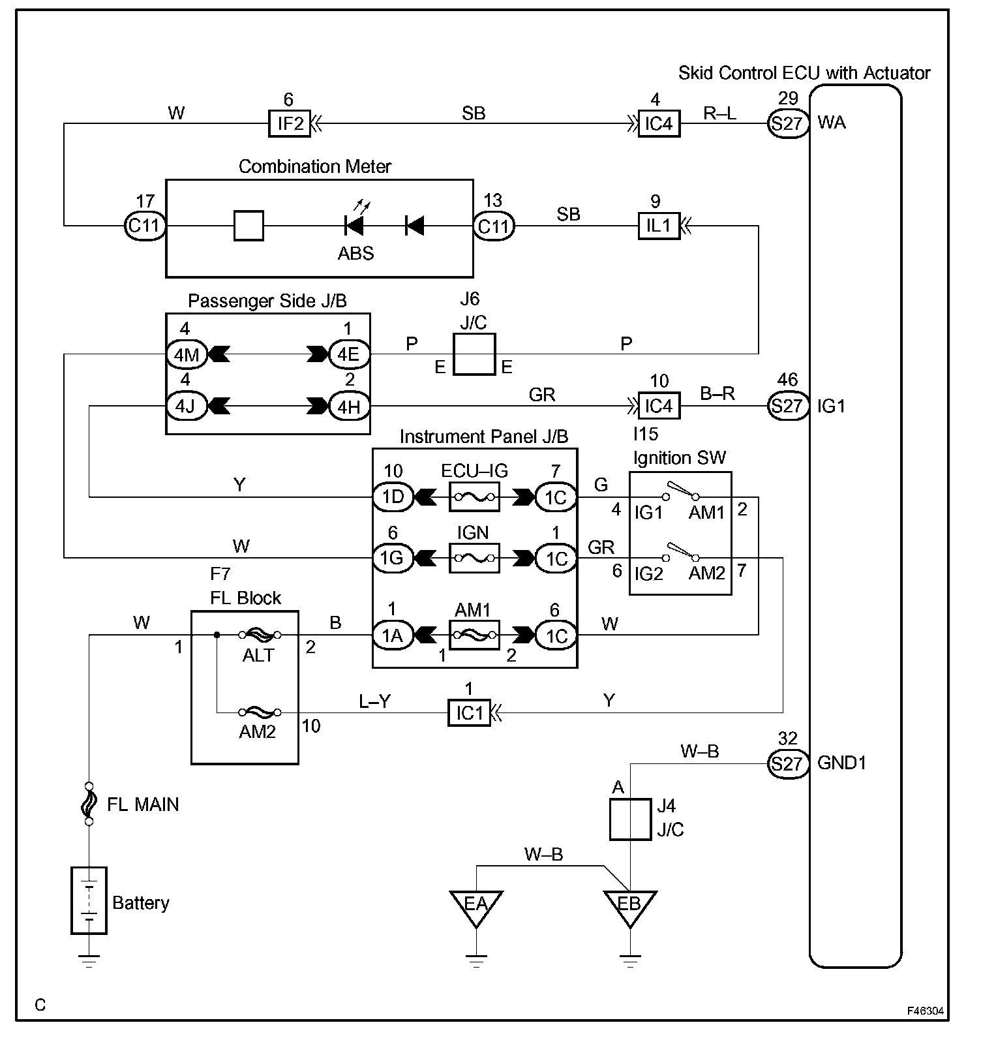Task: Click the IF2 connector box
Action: pos(290,123)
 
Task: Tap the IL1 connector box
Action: pos(658,226)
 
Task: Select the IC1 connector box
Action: pos(468,713)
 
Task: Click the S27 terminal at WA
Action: pos(787,123)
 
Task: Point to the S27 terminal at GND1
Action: pos(787,763)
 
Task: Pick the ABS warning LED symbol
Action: pos(354,226)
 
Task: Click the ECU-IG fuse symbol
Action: pos(474,497)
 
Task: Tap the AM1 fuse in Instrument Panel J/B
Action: pos(474,635)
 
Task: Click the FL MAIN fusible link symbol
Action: pos(89,804)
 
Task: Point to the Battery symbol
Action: pos(89,901)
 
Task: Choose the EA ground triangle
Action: pos(475,906)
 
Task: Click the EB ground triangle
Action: pos(629,906)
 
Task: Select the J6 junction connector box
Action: pos(474,354)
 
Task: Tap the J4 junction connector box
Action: pos(630,819)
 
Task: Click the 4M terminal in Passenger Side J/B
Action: pos(187,354)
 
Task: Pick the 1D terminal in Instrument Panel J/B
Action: pos(393,497)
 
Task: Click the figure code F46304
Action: pos(925,1011)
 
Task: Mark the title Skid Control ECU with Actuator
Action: pos(804,73)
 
